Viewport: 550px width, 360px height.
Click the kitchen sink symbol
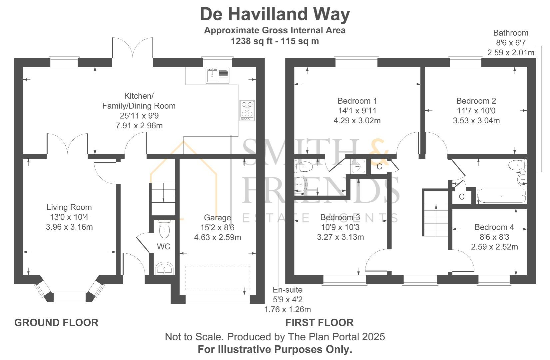pos(218,75)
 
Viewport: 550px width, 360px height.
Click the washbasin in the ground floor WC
pos(164,268)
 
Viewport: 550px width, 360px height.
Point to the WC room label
pos(164,247)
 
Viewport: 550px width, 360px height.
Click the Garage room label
pos(217,218)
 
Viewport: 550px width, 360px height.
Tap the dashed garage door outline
pos(218,279)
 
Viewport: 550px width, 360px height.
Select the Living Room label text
pos(69,207)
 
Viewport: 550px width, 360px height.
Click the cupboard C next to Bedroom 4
pos(461,197)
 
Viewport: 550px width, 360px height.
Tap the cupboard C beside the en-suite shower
pos(379,167)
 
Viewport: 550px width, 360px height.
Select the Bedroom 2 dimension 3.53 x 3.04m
pos(476,121)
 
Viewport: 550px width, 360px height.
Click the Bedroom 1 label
pos(357,101)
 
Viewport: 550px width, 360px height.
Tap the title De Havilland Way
pos(275,14)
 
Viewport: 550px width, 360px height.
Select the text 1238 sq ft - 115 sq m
pos(275,41)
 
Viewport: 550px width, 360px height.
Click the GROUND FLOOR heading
pos(56,323)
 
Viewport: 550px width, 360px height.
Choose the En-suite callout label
pos(287,290)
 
